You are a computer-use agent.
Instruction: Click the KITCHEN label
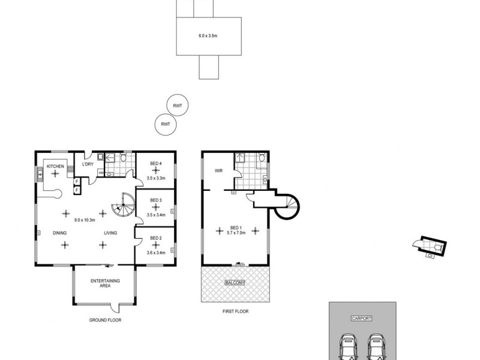coord(55,166)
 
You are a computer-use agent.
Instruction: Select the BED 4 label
coord(156,164)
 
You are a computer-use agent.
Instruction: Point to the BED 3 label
coord(156,200)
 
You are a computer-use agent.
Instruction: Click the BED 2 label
coord(156,238)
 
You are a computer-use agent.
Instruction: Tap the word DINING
coord(59,233)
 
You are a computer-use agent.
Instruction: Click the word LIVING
coord(110,233)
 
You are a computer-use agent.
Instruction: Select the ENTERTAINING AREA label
coord(105,284)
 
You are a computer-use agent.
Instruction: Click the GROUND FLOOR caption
coord(105,320)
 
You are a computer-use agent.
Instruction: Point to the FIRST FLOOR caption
coord(235,311)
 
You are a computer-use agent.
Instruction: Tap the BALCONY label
coord(234,282)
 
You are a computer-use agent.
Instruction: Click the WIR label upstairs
coord(219,171)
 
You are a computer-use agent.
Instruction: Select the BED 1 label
coord(236,227)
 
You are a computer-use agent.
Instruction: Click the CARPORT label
coord(362,319)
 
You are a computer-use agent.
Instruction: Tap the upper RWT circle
coord(178,106)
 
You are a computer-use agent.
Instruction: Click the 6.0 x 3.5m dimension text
coord(208,36)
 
